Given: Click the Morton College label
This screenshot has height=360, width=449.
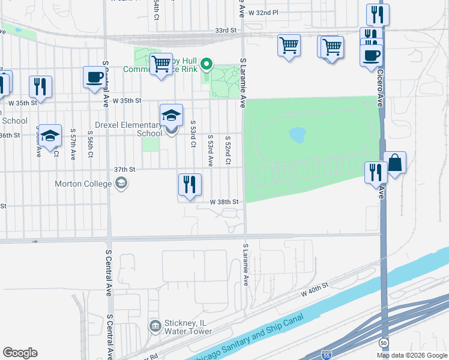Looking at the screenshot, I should pos(84,184).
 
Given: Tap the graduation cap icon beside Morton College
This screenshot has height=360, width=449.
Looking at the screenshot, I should pos(122,183).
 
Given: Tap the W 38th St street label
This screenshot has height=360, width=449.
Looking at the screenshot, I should pos(224,202).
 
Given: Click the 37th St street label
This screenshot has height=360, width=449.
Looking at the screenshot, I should pos(124,169).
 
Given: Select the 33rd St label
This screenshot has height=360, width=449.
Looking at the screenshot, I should pos(226,29).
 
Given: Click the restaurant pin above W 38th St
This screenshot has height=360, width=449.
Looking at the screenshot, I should pos(190,185).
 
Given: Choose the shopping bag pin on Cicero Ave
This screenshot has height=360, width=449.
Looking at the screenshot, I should pos(395,163).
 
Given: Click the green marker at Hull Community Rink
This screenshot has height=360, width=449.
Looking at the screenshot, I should pos(206,63).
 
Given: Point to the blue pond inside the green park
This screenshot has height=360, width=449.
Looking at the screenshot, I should pos(297,134).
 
